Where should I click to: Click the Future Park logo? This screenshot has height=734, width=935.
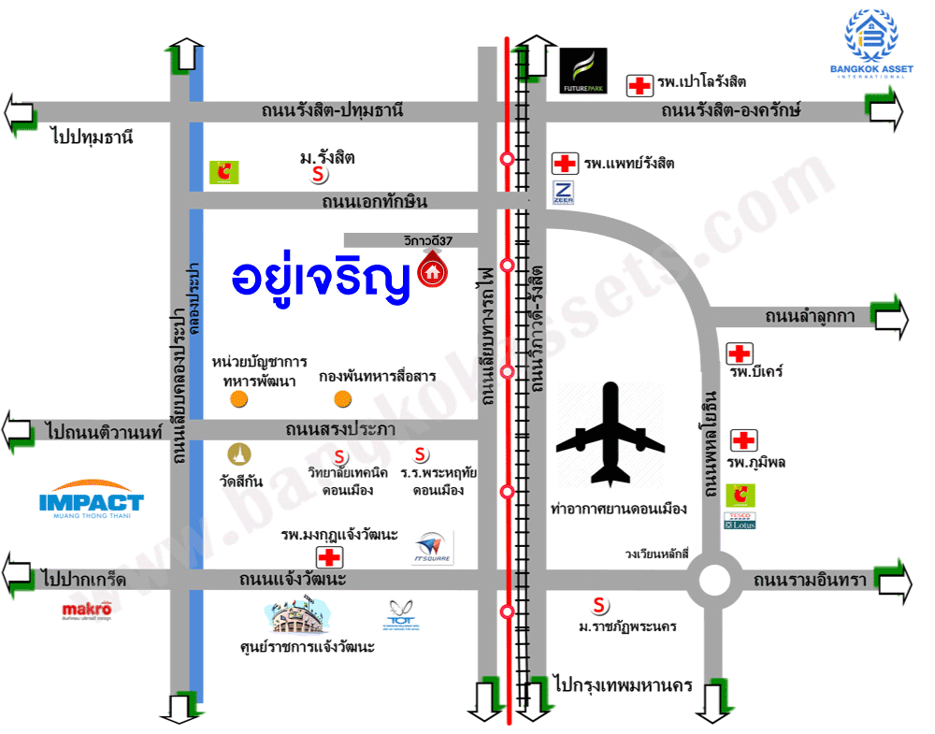pos(583,72)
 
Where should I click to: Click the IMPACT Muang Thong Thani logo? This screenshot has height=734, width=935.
pos(92,501)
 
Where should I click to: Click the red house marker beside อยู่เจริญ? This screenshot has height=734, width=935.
pos(432,272)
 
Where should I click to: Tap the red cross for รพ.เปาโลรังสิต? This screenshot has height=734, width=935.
pos(640,86)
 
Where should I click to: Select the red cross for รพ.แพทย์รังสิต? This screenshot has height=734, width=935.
pos(565,164)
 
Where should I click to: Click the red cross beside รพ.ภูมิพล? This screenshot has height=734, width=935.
pos(743,440)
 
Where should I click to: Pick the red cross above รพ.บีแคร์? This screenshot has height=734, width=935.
pos(740,353)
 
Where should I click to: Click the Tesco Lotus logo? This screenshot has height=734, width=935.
pos(740,520)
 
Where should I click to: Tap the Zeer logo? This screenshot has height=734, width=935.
pos(564,193)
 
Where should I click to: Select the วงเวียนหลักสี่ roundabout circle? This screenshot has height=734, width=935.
pos(713,581)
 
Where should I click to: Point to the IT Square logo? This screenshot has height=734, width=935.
pos(431,547)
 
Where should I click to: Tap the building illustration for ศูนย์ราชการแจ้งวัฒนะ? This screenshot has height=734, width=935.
pos(297,614)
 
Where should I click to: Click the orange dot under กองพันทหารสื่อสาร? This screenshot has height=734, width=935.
pos(342,400)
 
